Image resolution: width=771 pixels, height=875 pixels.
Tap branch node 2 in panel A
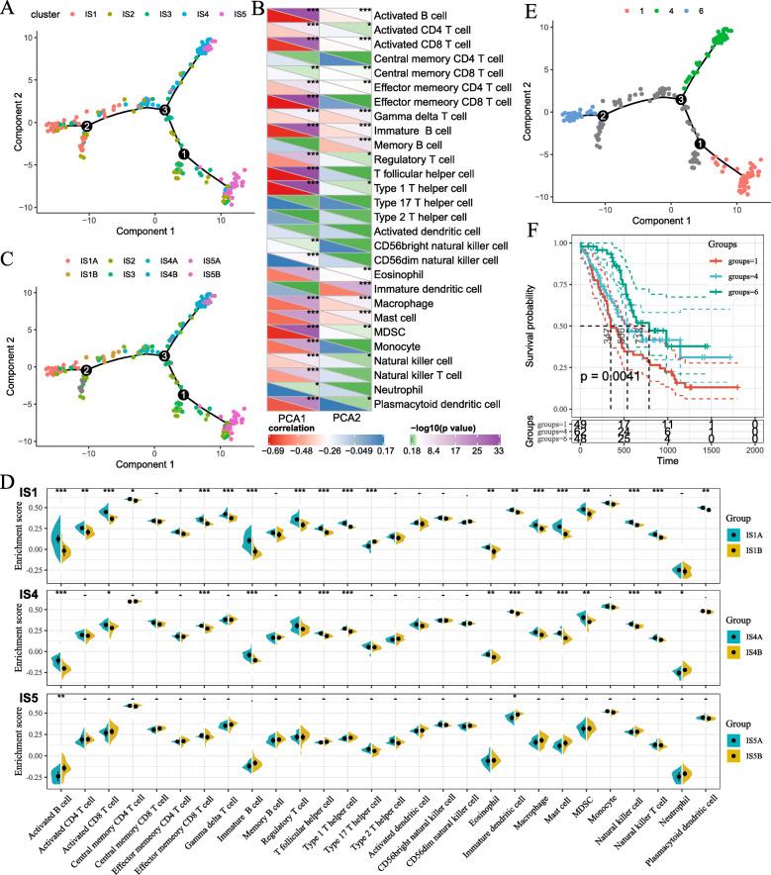click(x=87, y=126)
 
